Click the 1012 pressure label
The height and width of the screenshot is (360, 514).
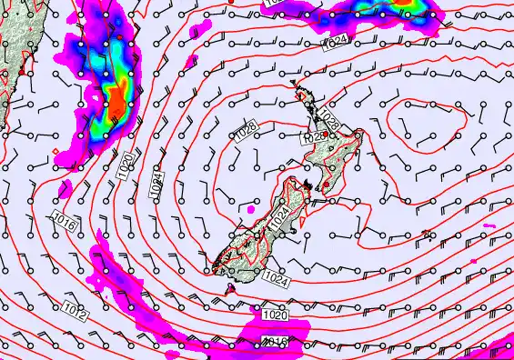pyautogui.click(x=76, y=315)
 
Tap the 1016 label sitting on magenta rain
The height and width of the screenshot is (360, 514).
pyautogui.click(x=275, y=341)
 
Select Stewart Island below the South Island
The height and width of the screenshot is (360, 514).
pyautogui.click(x=229, y=289)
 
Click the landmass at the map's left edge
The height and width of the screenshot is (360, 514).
pyautogui.click(x=13, y=45)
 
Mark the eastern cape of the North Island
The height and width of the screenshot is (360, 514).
pyautogui.click(x=360, y=135)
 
